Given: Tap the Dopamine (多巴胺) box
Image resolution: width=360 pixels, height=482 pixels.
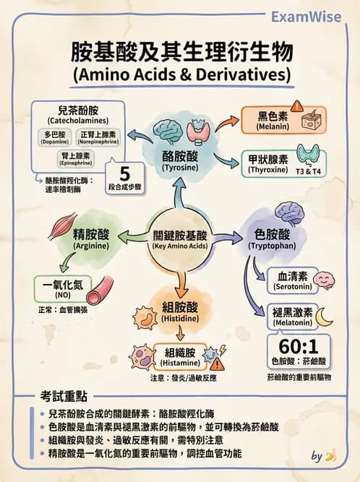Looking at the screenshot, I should [x=55, y=137].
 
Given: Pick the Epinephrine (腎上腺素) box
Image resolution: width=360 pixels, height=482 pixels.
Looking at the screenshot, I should [x=76, y=159].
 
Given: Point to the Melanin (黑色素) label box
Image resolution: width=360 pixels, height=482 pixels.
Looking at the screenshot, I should [x=273, y=119].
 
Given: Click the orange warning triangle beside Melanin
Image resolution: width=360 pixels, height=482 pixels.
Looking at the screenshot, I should [x=298, y=106].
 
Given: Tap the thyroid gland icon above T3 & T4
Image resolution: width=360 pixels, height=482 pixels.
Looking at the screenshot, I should [x=312, y=153].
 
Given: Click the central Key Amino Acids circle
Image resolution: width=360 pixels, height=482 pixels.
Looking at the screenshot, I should [x=179, y=239].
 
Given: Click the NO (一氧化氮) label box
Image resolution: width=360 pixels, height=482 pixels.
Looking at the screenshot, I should [x=61, y=291].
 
